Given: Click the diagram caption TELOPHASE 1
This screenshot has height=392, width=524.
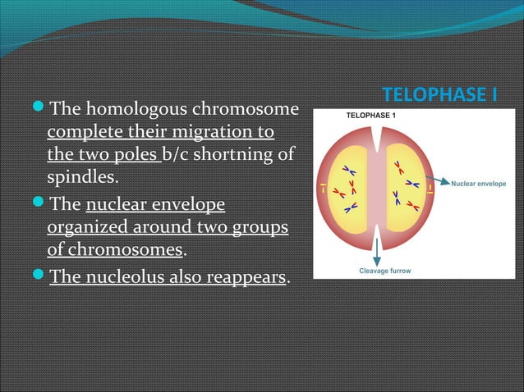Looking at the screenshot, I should click(370, 116).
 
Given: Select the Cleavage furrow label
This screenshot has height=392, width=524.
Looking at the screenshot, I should click(384, 270).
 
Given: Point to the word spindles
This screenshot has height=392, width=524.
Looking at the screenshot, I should click(81, 176).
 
